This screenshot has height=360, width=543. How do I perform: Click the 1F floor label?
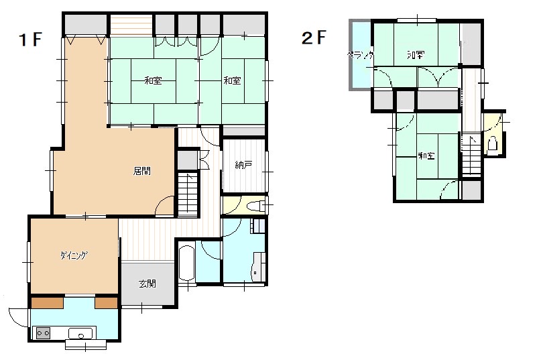click(30, 39)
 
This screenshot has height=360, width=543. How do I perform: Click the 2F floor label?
click(314, 38)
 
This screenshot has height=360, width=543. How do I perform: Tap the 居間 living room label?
click(142, 171)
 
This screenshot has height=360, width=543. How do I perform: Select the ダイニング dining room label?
click(74, 256)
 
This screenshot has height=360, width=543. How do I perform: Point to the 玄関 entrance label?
click(147, 284)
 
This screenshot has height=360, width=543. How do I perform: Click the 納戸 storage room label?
click(243, 165)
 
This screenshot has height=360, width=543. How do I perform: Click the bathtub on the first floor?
click(187, 263)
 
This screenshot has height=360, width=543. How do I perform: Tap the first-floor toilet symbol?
click(256, 206)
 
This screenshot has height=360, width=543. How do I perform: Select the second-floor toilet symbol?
click(492, 143)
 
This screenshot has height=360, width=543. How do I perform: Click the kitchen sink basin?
click(80, 334)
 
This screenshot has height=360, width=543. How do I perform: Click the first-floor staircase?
click(188, 194)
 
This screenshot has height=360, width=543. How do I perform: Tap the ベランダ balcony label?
click(361, 55)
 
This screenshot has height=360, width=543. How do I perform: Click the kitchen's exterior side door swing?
click(19, 317)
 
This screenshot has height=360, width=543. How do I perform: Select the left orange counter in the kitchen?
click(48, 303)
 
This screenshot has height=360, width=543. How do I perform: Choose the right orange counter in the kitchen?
click(107, 303)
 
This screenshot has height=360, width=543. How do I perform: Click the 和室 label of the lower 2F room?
click(426, 156)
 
